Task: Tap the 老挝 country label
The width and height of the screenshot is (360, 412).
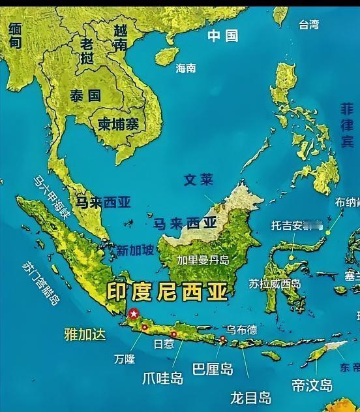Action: [x=87, y=50]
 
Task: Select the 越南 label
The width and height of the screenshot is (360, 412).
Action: [x=121, y=37]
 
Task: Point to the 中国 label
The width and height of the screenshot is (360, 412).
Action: [x=223, y=35]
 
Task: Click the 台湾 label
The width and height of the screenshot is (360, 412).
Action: [x=309, y=25]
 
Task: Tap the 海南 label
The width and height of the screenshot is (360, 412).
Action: [x=186, y=68]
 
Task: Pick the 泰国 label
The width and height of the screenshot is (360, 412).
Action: [x=85, y=95]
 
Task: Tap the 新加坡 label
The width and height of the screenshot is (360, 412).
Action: [x=136, y=249]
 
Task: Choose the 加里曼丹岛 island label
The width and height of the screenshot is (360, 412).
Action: [x=203, y=260]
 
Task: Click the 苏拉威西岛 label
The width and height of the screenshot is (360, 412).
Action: [x=275, y=283]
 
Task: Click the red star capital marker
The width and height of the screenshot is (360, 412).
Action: [x=134, y=313]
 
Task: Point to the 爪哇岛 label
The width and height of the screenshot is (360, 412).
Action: [x=163, y=378]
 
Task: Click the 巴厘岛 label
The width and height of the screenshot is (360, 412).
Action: [x=213, y=369]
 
